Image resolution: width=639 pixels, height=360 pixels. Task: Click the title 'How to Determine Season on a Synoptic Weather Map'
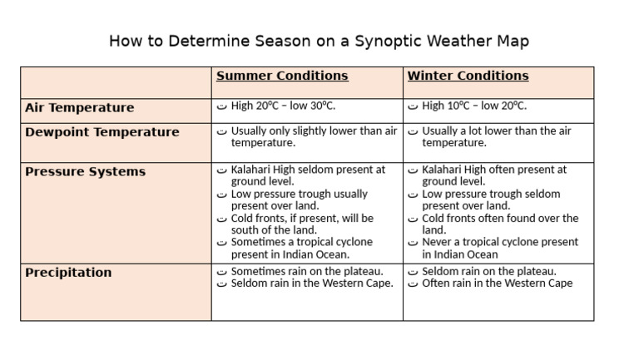pos(319,41)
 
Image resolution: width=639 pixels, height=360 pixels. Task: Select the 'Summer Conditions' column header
pos(282,76)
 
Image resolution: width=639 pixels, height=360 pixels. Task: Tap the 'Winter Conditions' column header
pos(468,76)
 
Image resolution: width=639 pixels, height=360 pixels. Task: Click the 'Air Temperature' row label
pos(79,108)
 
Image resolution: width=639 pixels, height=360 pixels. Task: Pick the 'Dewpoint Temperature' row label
pos(102,132)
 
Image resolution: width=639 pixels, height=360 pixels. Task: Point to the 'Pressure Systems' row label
pos(85,172)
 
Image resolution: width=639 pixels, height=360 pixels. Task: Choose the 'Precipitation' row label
pos(68,273)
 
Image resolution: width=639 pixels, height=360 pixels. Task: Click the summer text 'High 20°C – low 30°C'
pos(283,106)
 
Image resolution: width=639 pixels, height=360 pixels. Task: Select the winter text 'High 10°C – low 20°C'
pos(474,106)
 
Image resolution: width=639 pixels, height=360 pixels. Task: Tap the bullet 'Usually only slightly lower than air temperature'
pos(308,137)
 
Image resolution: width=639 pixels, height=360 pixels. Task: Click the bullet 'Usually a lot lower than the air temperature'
pos(496,137)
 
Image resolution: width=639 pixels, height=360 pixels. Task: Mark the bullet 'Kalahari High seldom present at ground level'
pos(305,175)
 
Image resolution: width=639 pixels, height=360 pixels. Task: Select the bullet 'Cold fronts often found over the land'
pos(498,224)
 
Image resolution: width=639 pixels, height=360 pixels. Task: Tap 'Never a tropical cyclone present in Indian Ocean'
pos(498,249)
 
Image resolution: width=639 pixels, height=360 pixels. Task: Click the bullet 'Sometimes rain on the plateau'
pos(306,271)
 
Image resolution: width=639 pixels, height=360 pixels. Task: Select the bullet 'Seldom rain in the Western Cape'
pos(311,284)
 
